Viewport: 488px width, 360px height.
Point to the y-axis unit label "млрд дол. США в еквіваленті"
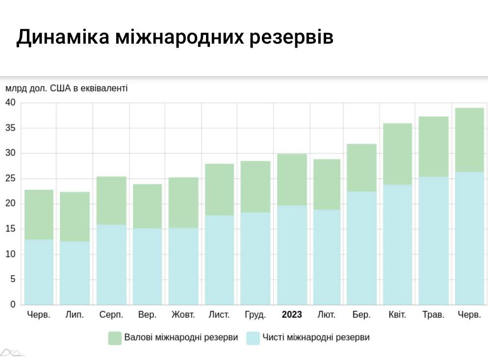coord(66,88)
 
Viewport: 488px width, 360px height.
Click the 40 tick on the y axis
coord(10,103)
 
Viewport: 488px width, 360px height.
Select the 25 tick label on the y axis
coord(10,179)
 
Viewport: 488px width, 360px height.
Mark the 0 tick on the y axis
coord(13,305)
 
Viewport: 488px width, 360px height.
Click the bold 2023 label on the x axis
coord(292,315)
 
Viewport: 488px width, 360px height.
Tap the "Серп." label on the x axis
coord(111,315)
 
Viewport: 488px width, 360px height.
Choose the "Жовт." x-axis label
coord(183,315)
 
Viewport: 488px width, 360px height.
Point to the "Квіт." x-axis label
coord(397,315)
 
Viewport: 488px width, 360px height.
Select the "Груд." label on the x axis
coord(255,315)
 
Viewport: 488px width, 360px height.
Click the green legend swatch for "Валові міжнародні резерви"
coord(114,338)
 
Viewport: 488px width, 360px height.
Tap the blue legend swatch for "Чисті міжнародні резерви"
coord(252,338)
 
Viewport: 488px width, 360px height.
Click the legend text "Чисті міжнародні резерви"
coord(316,337)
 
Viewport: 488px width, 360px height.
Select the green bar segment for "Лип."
coord(75,216)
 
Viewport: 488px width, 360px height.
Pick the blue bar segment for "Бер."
coord(361,248)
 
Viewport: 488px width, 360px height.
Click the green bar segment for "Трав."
coord(434,146)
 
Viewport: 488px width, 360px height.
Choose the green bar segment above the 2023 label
coord(292,180)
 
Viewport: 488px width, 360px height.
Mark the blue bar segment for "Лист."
coord(219,260)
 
